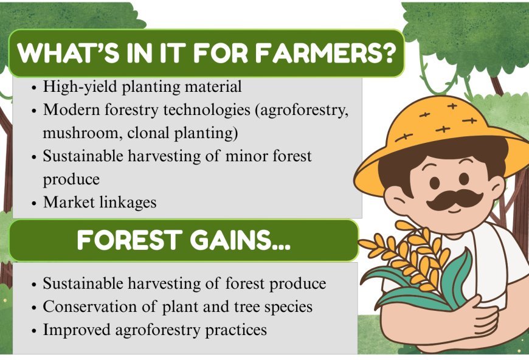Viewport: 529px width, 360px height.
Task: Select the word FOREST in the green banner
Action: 125,241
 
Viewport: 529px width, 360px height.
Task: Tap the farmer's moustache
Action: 454,199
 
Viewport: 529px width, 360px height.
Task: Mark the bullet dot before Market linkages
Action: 34,203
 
